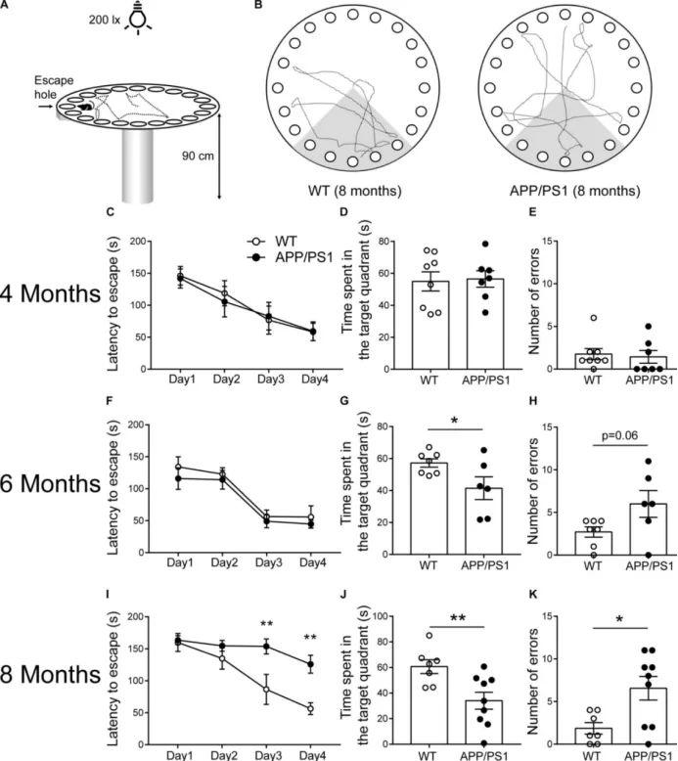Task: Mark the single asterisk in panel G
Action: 455,422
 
